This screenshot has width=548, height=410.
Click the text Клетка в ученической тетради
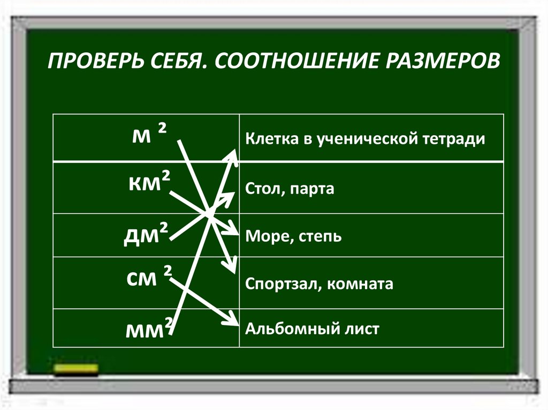(x=365, y=140)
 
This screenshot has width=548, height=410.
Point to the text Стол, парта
(x=290, y=189)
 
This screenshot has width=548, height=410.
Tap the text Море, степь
(x=293, y=236)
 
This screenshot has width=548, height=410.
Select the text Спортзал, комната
(x=319, y=284)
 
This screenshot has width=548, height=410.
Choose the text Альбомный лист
(x=311, y=328)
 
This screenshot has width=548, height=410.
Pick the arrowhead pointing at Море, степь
(x=232, y=230)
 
